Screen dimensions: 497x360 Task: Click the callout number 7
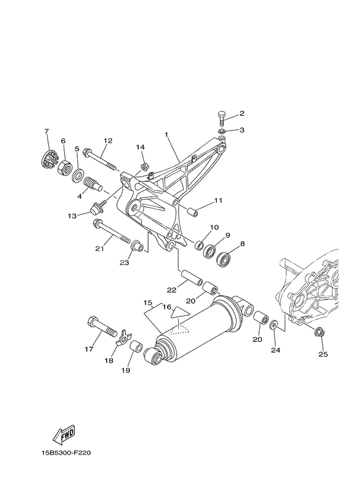46,132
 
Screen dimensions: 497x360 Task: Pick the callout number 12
107,141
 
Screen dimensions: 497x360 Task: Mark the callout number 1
166,136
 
